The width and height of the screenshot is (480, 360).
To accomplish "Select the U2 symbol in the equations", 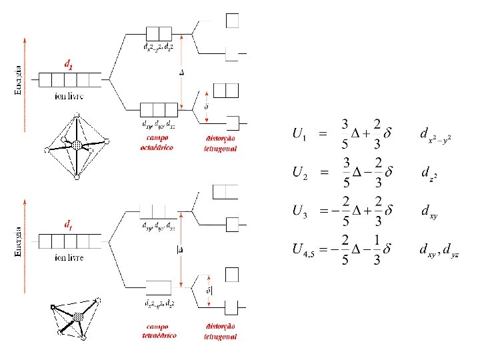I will click(x=299, y=173).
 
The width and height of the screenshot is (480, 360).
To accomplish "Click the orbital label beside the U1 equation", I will click(x=435, y=135).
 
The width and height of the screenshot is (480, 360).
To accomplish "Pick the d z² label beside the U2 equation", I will click(x=429, y=173).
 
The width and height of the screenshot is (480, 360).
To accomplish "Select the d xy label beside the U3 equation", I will click(x=429, y=213).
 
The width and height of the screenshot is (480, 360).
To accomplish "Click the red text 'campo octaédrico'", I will click(x=157, y=143).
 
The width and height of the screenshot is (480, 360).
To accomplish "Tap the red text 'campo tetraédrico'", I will click(x=159, y=331).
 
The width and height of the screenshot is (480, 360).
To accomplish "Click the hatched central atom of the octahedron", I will click(x=77, y=145).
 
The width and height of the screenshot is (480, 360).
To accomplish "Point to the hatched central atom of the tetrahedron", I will click(x=79, y=317).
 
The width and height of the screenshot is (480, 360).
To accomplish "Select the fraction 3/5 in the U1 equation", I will click(x=344, y=134).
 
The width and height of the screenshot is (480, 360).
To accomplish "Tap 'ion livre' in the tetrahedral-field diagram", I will click(x=69, y=257).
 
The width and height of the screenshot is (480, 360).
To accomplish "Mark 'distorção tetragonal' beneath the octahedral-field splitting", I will click(x=220, y=143).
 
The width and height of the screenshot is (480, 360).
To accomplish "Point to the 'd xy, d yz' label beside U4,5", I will click(x=439, y=251).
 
